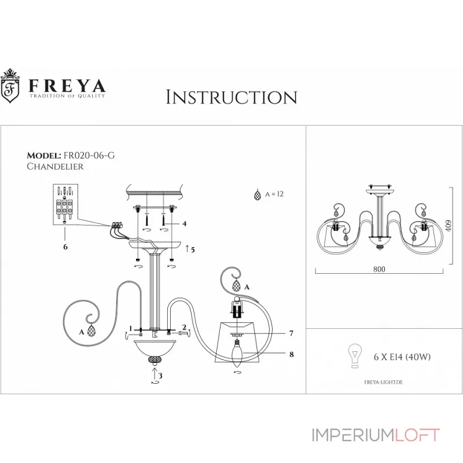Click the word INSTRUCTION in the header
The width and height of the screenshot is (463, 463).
coord(231,97)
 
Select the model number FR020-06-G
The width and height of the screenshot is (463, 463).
coord(93,156)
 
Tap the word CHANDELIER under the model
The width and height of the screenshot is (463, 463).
coord(56,166)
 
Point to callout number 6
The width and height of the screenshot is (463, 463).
coord(65,247)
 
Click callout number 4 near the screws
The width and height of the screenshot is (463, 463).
coord(185,223)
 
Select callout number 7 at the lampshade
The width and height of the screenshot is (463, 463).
coord(292,334)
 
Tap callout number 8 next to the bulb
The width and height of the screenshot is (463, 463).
coord(292,354)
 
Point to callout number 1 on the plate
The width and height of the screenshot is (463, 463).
coord(131,328)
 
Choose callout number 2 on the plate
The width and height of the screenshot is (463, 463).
coord(183,328)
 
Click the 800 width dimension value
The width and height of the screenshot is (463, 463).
coord(379,269)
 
